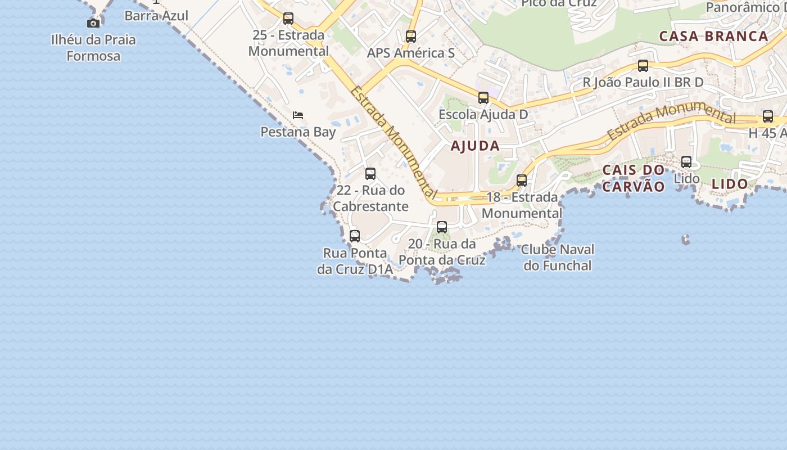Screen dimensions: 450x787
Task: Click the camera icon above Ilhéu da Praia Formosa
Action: (93, 23)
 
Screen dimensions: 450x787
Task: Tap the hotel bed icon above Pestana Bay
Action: (298, 115)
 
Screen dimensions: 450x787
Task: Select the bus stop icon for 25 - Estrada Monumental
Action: (288, 19)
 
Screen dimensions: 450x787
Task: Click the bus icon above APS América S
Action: (411, 37)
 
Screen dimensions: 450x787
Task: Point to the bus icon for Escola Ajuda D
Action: (483, 98)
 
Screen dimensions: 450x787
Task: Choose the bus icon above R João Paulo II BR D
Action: (643, 66)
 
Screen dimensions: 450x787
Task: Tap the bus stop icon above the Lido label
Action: (686, 162)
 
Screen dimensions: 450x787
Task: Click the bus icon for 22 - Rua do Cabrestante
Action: (370, 174)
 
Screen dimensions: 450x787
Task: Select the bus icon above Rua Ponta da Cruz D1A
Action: (355, 236)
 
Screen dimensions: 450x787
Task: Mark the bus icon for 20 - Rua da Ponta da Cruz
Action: (442, 227)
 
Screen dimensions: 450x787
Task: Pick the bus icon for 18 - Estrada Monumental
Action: (522, 181)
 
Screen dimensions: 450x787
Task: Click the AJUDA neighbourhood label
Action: (475, 146)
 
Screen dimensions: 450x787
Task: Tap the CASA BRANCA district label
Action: (713, 37)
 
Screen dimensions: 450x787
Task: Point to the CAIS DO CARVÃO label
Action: (634, 178)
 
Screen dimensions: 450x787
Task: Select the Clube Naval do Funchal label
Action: (558, 257)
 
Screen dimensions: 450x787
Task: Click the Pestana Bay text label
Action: (298, 132)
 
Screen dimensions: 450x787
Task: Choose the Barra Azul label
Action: (156, 15)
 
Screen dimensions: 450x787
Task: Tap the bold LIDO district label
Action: (730, 184)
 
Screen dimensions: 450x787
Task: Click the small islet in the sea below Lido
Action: (685, 240)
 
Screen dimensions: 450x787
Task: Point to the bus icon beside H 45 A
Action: (768, 117)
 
